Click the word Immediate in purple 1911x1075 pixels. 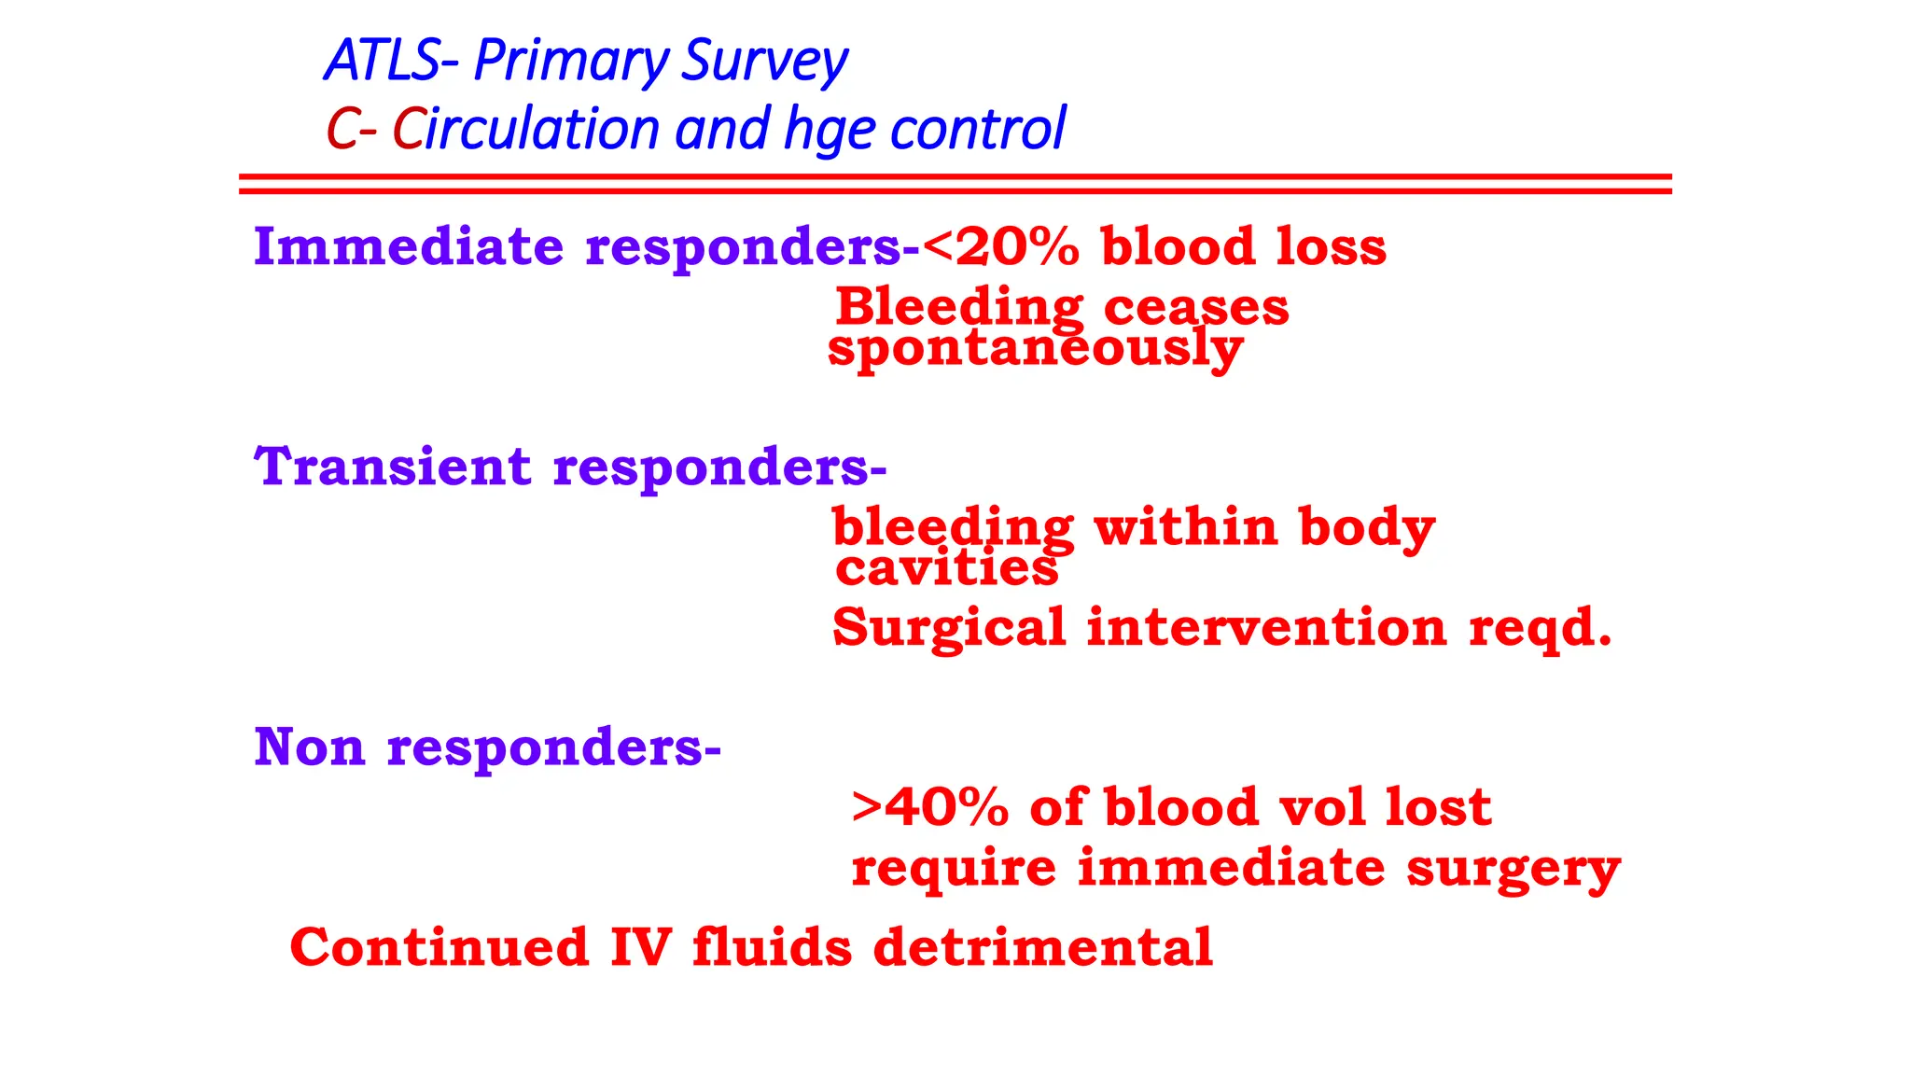coord(409,247)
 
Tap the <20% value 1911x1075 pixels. coord(1000,247)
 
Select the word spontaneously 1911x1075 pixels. coord(1035,349)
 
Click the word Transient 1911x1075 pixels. coord(393,467)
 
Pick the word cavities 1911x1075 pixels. coord(946,568)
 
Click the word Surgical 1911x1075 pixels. coord(949,628)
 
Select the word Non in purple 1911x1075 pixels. coord(309,747)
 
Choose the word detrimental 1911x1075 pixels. coord(1042,947)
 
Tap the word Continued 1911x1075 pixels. coord(439,947)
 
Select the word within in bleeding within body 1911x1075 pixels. coord(1185,527)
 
